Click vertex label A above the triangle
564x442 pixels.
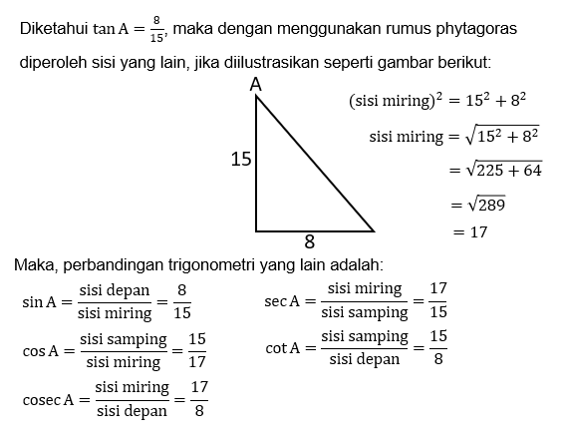[256, 87]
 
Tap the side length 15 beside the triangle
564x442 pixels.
[240, 159]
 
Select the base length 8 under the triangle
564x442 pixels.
[310, 241]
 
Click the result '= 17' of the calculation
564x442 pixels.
[470, 232]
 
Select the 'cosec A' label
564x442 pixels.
[48, 399]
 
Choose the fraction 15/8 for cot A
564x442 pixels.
[437, 348]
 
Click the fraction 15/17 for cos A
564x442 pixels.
[196, 349]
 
